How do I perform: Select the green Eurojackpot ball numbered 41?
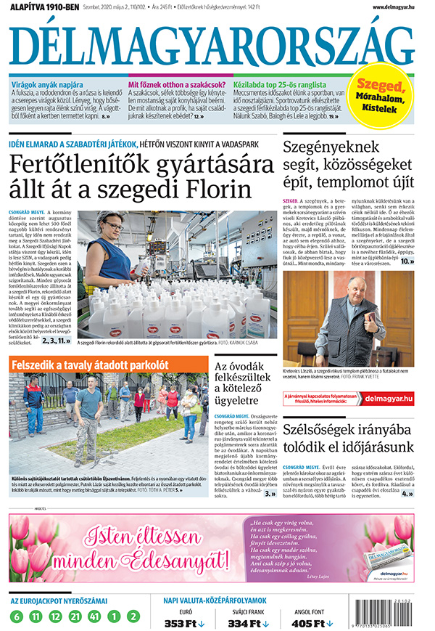click(x=93, y=616)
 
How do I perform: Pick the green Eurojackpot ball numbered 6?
click(x=16, y=616)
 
